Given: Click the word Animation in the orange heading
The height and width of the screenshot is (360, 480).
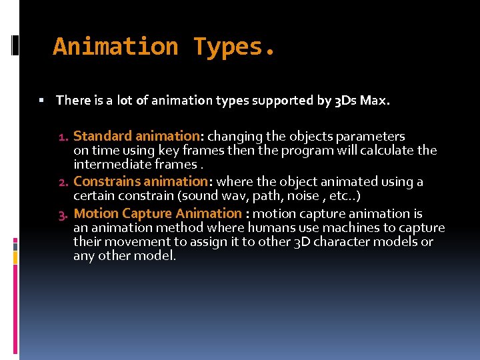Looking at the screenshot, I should (115, 47).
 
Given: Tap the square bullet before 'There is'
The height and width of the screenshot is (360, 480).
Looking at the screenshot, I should (41, 101).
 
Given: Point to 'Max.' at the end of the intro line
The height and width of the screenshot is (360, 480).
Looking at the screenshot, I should (377, 101).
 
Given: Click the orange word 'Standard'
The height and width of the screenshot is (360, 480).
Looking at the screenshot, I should (102, 137).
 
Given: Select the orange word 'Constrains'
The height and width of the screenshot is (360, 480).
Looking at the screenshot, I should (105, 181).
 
